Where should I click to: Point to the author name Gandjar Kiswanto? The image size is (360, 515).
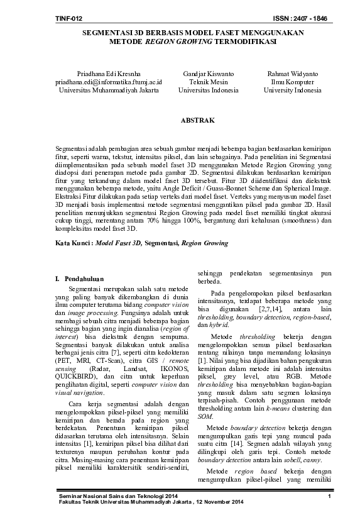click(x=203, y=74)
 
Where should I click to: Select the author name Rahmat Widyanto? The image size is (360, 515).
click(x=292, y=74)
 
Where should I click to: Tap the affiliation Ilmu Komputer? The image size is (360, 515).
click(x=292, y=82)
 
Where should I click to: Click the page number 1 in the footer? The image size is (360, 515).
click(x=329, y=498)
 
